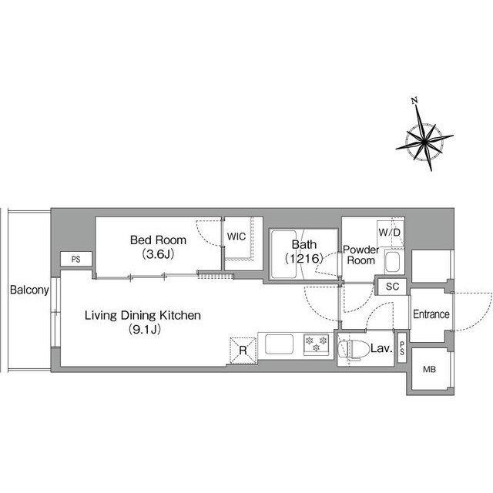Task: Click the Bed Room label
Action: pos(158,240)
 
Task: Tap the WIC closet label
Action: pos(236,236)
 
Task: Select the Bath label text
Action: pos(304,244)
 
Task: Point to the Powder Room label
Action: pos(361,255)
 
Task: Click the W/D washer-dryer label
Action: pos(390,233)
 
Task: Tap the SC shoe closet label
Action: pos(392,287)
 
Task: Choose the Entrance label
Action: pos(431,314)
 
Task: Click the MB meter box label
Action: pos(429,370)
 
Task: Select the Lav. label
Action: pos(382,348)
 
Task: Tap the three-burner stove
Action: pos(316,344)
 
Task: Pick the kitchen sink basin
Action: pos(279,344)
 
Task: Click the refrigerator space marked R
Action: pos(243,350)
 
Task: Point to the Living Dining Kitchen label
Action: pos(143,315)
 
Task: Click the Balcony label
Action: pos(29,290)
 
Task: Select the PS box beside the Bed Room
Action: pos(76,259)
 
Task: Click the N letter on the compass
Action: pos(414,101)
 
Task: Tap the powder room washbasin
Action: pos(392,262)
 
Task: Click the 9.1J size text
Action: pos(145,329)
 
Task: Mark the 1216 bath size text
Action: pos(304,259)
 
